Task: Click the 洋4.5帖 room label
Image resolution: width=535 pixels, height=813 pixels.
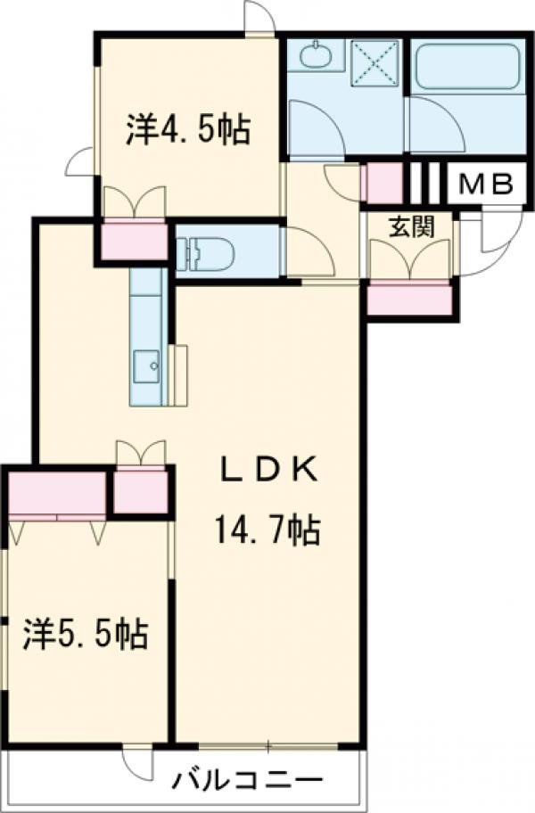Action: click(187, 130)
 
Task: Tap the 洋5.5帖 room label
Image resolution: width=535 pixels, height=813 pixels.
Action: click(86, 635)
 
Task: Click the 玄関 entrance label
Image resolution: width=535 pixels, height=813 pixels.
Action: click(410, 226)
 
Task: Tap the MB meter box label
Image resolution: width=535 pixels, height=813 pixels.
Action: click(485, 185)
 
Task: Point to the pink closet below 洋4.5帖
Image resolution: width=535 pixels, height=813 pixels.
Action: click(134, 240)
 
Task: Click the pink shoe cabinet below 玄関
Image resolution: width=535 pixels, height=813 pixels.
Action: click(409, 300)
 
